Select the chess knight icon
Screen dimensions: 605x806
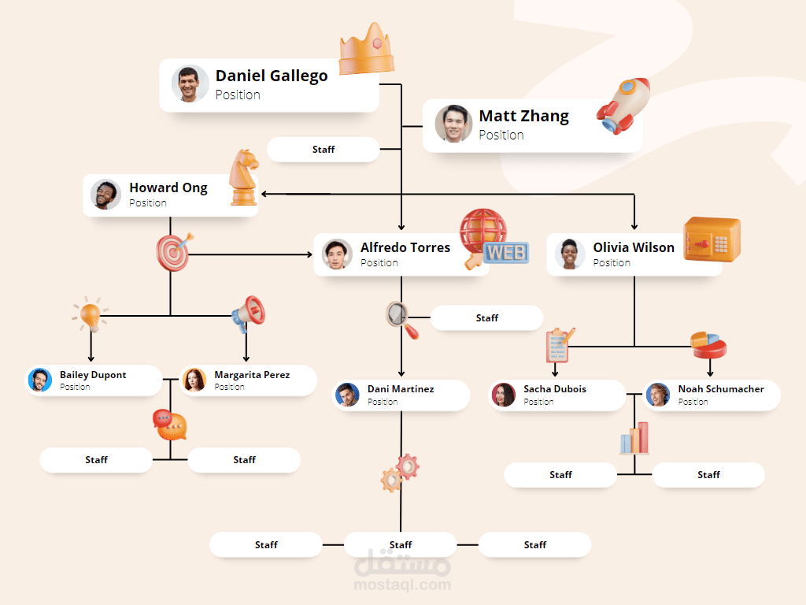(243, 178)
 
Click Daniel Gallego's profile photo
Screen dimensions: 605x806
(190, 84)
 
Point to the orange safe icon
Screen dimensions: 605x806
(712, 239)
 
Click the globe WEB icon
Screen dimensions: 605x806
(490, 239)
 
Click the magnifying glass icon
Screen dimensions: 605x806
(402, 318)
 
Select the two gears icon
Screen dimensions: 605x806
(400, 472)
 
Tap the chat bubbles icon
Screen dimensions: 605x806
(170, 425)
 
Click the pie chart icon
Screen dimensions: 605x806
(708, 345)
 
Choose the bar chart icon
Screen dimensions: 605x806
(634, 439)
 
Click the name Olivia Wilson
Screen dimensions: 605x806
(634, 247)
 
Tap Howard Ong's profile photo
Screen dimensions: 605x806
(105, 195)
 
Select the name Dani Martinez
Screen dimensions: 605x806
(401, 389)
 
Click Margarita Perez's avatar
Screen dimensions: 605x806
(194, 380)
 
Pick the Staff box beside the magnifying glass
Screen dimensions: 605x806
(486, 318)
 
